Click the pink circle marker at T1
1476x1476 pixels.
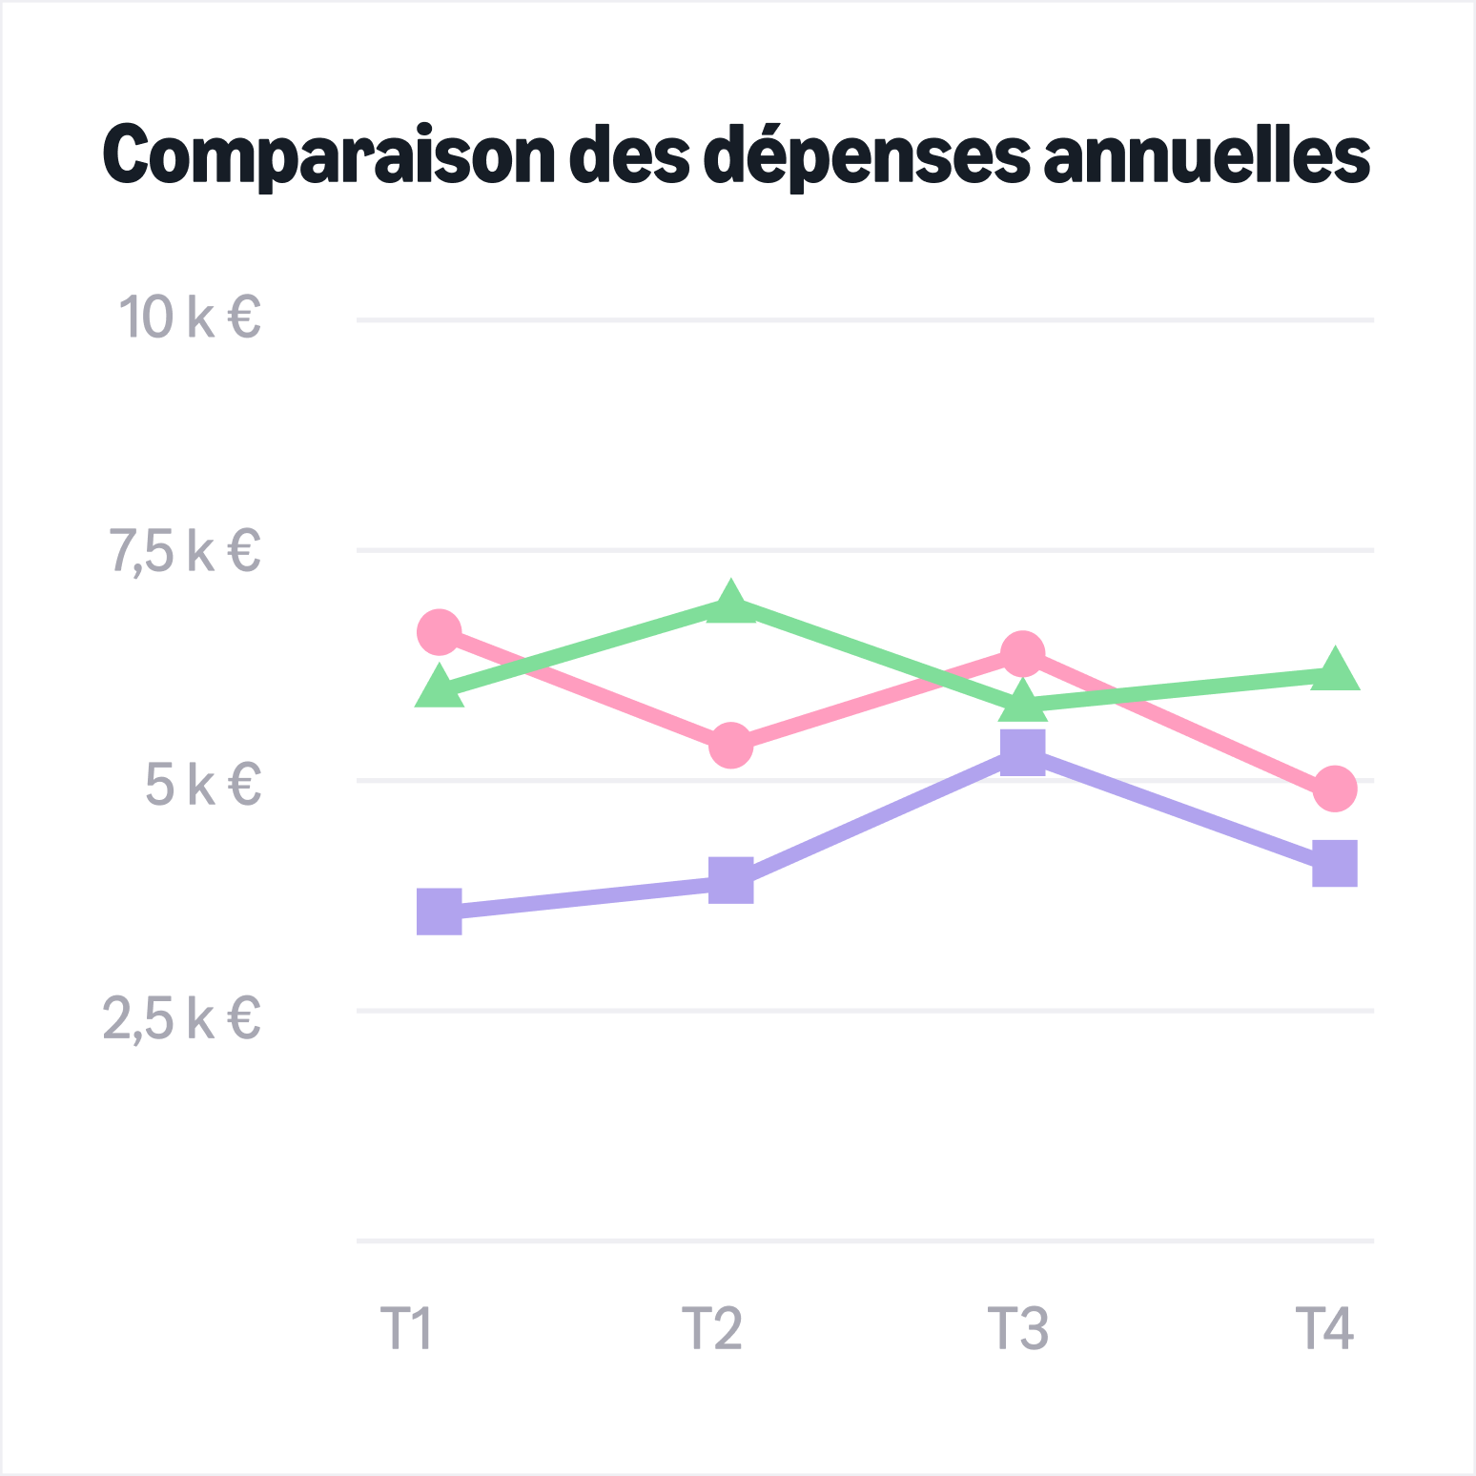[x=440, y=632]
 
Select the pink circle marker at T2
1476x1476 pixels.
[x=731, y=745]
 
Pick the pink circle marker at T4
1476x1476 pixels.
[x=1335, y=789]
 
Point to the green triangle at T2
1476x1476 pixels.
[x=731, y=604]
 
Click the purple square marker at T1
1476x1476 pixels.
[x=440, y=912]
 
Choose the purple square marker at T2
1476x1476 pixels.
[x=731, y=879]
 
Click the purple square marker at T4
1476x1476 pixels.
[x=1335, y=864]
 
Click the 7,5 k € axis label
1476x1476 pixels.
[x=185, y=551]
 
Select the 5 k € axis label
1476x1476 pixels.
[x=203, y=784]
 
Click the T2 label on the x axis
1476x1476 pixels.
[x=712, y=1327]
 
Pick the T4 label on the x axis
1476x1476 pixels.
[x=1324, y=1327]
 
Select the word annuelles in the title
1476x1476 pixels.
[x=1207, y=154]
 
